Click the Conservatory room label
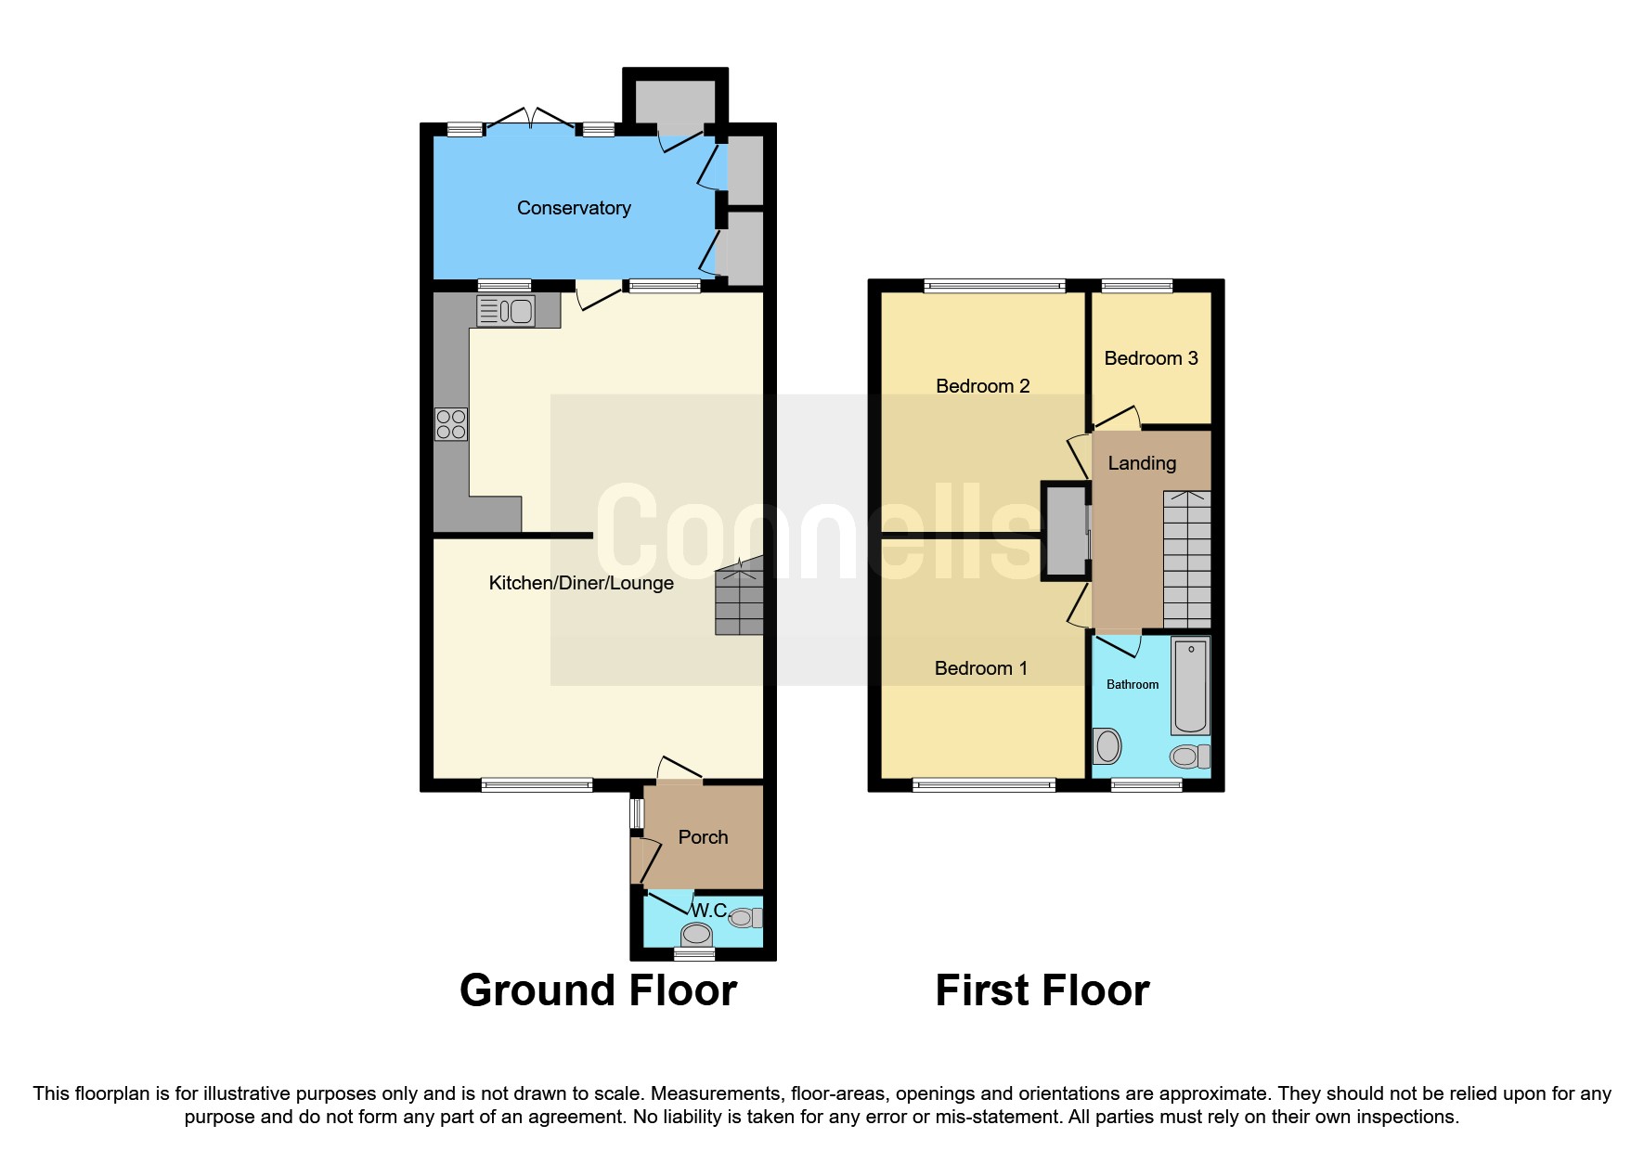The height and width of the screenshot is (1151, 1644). pos(574,208)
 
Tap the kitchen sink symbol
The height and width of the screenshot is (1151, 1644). pos(506,311)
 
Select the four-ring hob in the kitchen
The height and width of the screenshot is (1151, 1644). pos(451,424)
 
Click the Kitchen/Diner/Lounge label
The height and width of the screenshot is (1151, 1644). pos(581,583)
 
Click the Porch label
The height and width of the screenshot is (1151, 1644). pos(703,837)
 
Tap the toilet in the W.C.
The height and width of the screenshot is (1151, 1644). pos(744,918)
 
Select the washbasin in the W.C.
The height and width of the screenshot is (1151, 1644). pos(696,934)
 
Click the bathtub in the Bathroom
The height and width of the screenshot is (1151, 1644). pos(1190,686)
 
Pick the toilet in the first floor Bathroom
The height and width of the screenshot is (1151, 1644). pos(1188,757)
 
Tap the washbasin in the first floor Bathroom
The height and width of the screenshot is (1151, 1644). pos(1107,745)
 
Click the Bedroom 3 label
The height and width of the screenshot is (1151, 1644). pos(1150,358)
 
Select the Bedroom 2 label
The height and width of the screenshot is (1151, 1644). pos(982,386)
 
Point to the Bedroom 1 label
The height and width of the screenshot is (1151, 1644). pos(980,668)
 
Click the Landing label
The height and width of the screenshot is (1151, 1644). pos(1141,463)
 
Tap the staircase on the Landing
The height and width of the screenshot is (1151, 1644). pos(1186,560)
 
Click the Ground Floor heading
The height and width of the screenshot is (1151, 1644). pos(598,990)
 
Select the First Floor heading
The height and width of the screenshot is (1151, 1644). pos(1042,990)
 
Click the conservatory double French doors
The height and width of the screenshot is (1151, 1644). pos(531,121)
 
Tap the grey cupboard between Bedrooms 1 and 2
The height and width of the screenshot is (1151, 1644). pos(1067,531)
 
